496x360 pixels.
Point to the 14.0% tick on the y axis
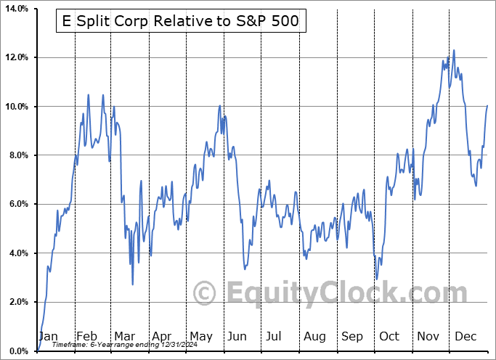(x=17, y=9)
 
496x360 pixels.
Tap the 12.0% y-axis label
(x=17, y=57)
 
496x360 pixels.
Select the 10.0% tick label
(x=17, y=107)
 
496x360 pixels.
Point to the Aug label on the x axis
(x=315, y=337)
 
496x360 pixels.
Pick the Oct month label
(x=390, y=337)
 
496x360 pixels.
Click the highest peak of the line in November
(x=454, y=50)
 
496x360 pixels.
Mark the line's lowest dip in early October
(x=376, y=279)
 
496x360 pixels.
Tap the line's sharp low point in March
(x=132, y=284)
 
